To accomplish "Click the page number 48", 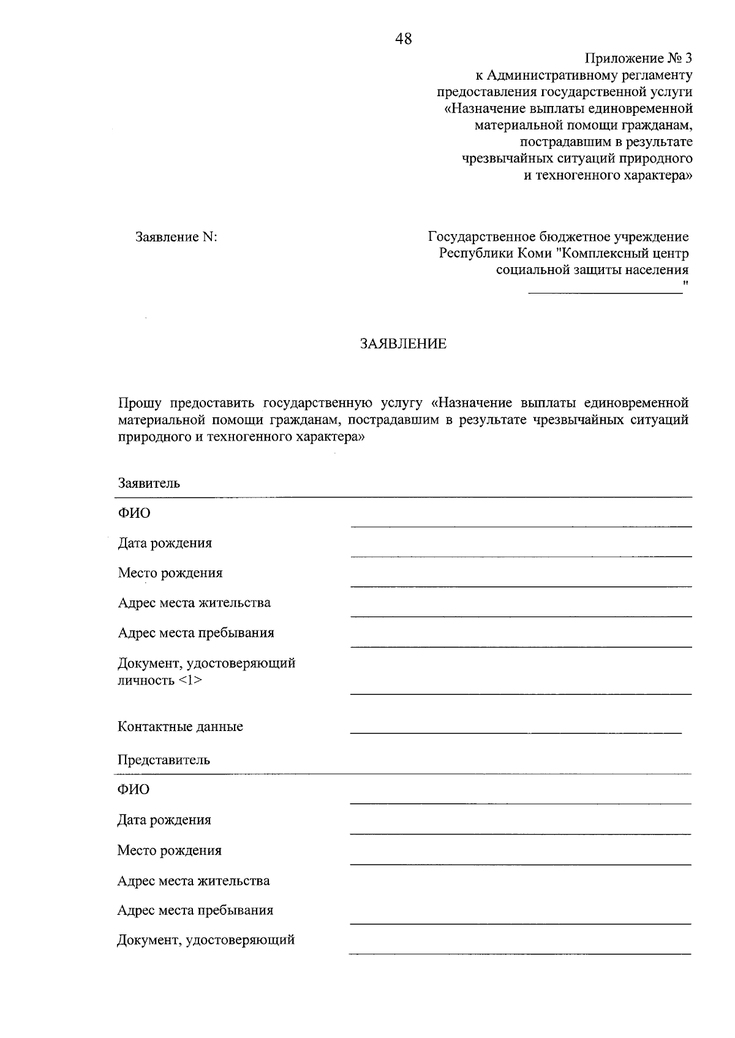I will (404, 39).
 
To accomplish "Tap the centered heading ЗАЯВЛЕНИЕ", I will (403, 344).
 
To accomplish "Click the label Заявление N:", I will (176, 237).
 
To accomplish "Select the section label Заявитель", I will (149, 483).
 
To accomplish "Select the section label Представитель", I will (164, 760).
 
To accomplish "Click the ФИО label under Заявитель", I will (134, 513).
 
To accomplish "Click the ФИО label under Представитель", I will (133, 790).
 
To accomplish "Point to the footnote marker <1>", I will (190, 681).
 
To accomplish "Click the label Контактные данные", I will (180, 727).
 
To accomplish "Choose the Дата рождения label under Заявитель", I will (165, 544).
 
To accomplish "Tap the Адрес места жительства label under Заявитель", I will (194, 603).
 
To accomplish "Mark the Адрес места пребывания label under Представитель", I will (195, 911).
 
